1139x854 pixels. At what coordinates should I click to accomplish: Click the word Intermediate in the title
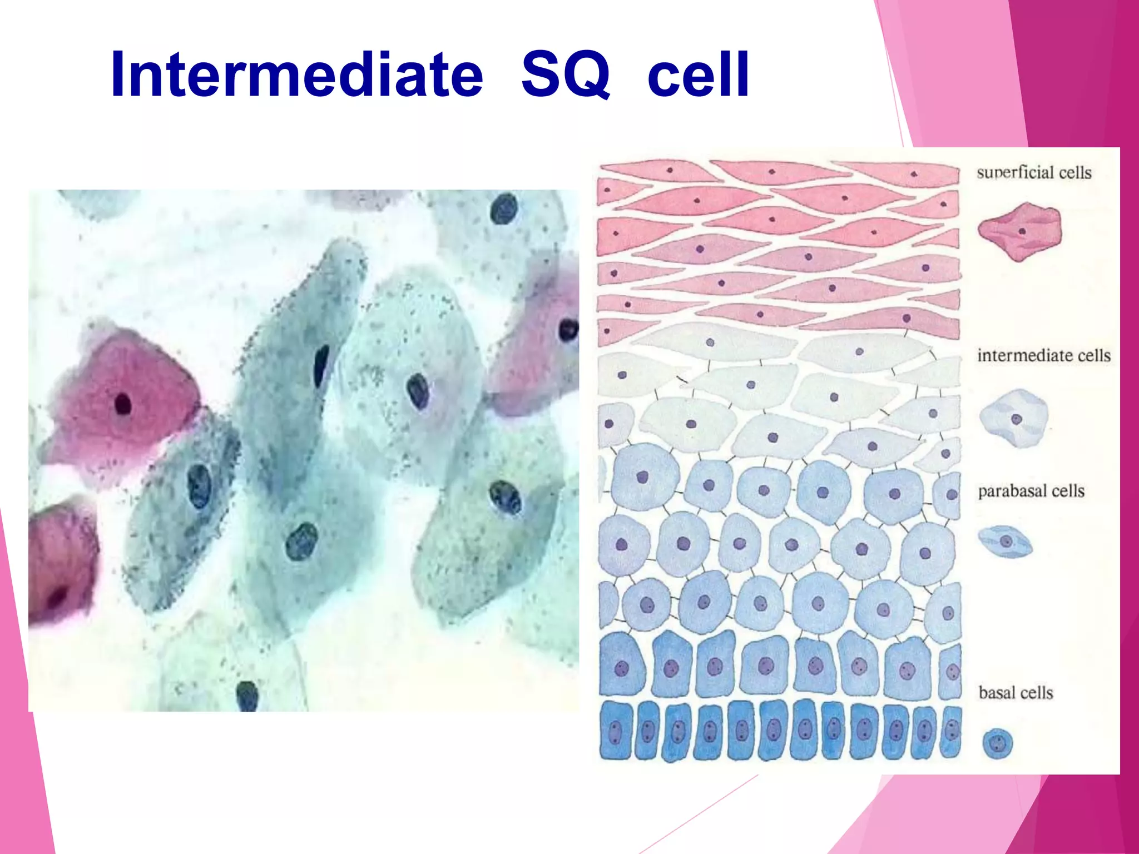click(296, 75)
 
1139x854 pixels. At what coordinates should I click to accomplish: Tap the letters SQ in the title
click(566, 75)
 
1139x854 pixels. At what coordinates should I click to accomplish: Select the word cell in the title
click(699, 75)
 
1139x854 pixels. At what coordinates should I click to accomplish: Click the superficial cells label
click(1034, 173)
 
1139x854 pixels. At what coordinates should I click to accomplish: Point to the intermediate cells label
click(1044, 355)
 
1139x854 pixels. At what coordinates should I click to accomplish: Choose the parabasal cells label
click(1031, 491)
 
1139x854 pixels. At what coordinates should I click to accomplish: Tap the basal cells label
click(1016, 693)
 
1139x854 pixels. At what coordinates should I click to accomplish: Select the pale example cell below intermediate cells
click(1014, 419)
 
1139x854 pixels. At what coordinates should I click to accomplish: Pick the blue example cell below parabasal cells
click(1005, 542)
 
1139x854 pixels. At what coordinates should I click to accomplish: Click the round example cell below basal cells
click(998, 743)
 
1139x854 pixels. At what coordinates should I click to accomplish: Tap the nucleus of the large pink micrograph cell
click(122, 404)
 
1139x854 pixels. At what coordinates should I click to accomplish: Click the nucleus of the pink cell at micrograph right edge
click(568, 330)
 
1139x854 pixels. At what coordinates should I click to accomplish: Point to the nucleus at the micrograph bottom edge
click(247, 695)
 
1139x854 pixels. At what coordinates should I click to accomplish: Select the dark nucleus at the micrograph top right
click(504, 208)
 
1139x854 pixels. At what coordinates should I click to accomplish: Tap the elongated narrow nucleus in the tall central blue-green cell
click(321, 365)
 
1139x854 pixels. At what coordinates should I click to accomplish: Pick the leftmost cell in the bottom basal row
click(616, 732)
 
